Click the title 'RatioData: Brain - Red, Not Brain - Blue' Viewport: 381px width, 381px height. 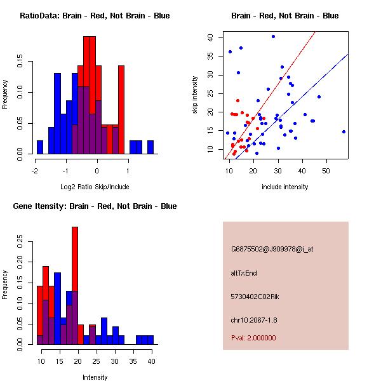click(x=95, y=15)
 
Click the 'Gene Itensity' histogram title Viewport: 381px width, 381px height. click(x=95, y=206)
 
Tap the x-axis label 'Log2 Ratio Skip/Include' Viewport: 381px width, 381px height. click(x=95, y=187)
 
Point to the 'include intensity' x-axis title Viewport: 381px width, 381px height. click(x=285, y=187)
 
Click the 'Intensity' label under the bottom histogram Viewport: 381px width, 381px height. click(x=95, y=377)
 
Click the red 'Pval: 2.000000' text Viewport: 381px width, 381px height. click(x=254, y=338)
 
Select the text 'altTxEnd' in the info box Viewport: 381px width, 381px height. click(x=243, y=273)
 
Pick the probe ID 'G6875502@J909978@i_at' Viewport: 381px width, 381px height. click(x=272, y=249)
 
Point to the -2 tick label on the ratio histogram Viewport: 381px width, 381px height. click(x=36, y=170)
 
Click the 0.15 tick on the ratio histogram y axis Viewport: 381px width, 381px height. click(x=22, y=63)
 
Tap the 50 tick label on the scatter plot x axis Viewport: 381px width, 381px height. click(x=326, y=170)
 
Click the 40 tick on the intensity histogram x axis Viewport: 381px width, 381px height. click(x=151, y=361)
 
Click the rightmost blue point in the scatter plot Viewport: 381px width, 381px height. click(x=344, y=131)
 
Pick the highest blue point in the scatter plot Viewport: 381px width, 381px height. click(x=273, y=36)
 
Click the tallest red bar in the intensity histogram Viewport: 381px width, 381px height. click(x=75, y=286)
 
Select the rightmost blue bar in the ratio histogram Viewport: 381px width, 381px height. click(x=150, y=147)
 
